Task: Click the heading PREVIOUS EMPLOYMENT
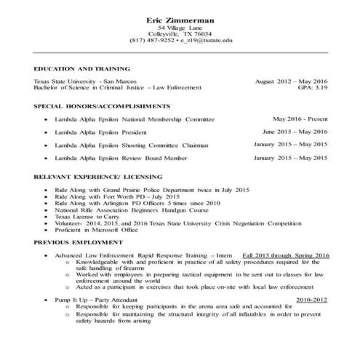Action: pos(78,242)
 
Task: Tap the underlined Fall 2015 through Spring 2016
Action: pos(286,256)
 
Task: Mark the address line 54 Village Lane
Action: pos(180,27)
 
